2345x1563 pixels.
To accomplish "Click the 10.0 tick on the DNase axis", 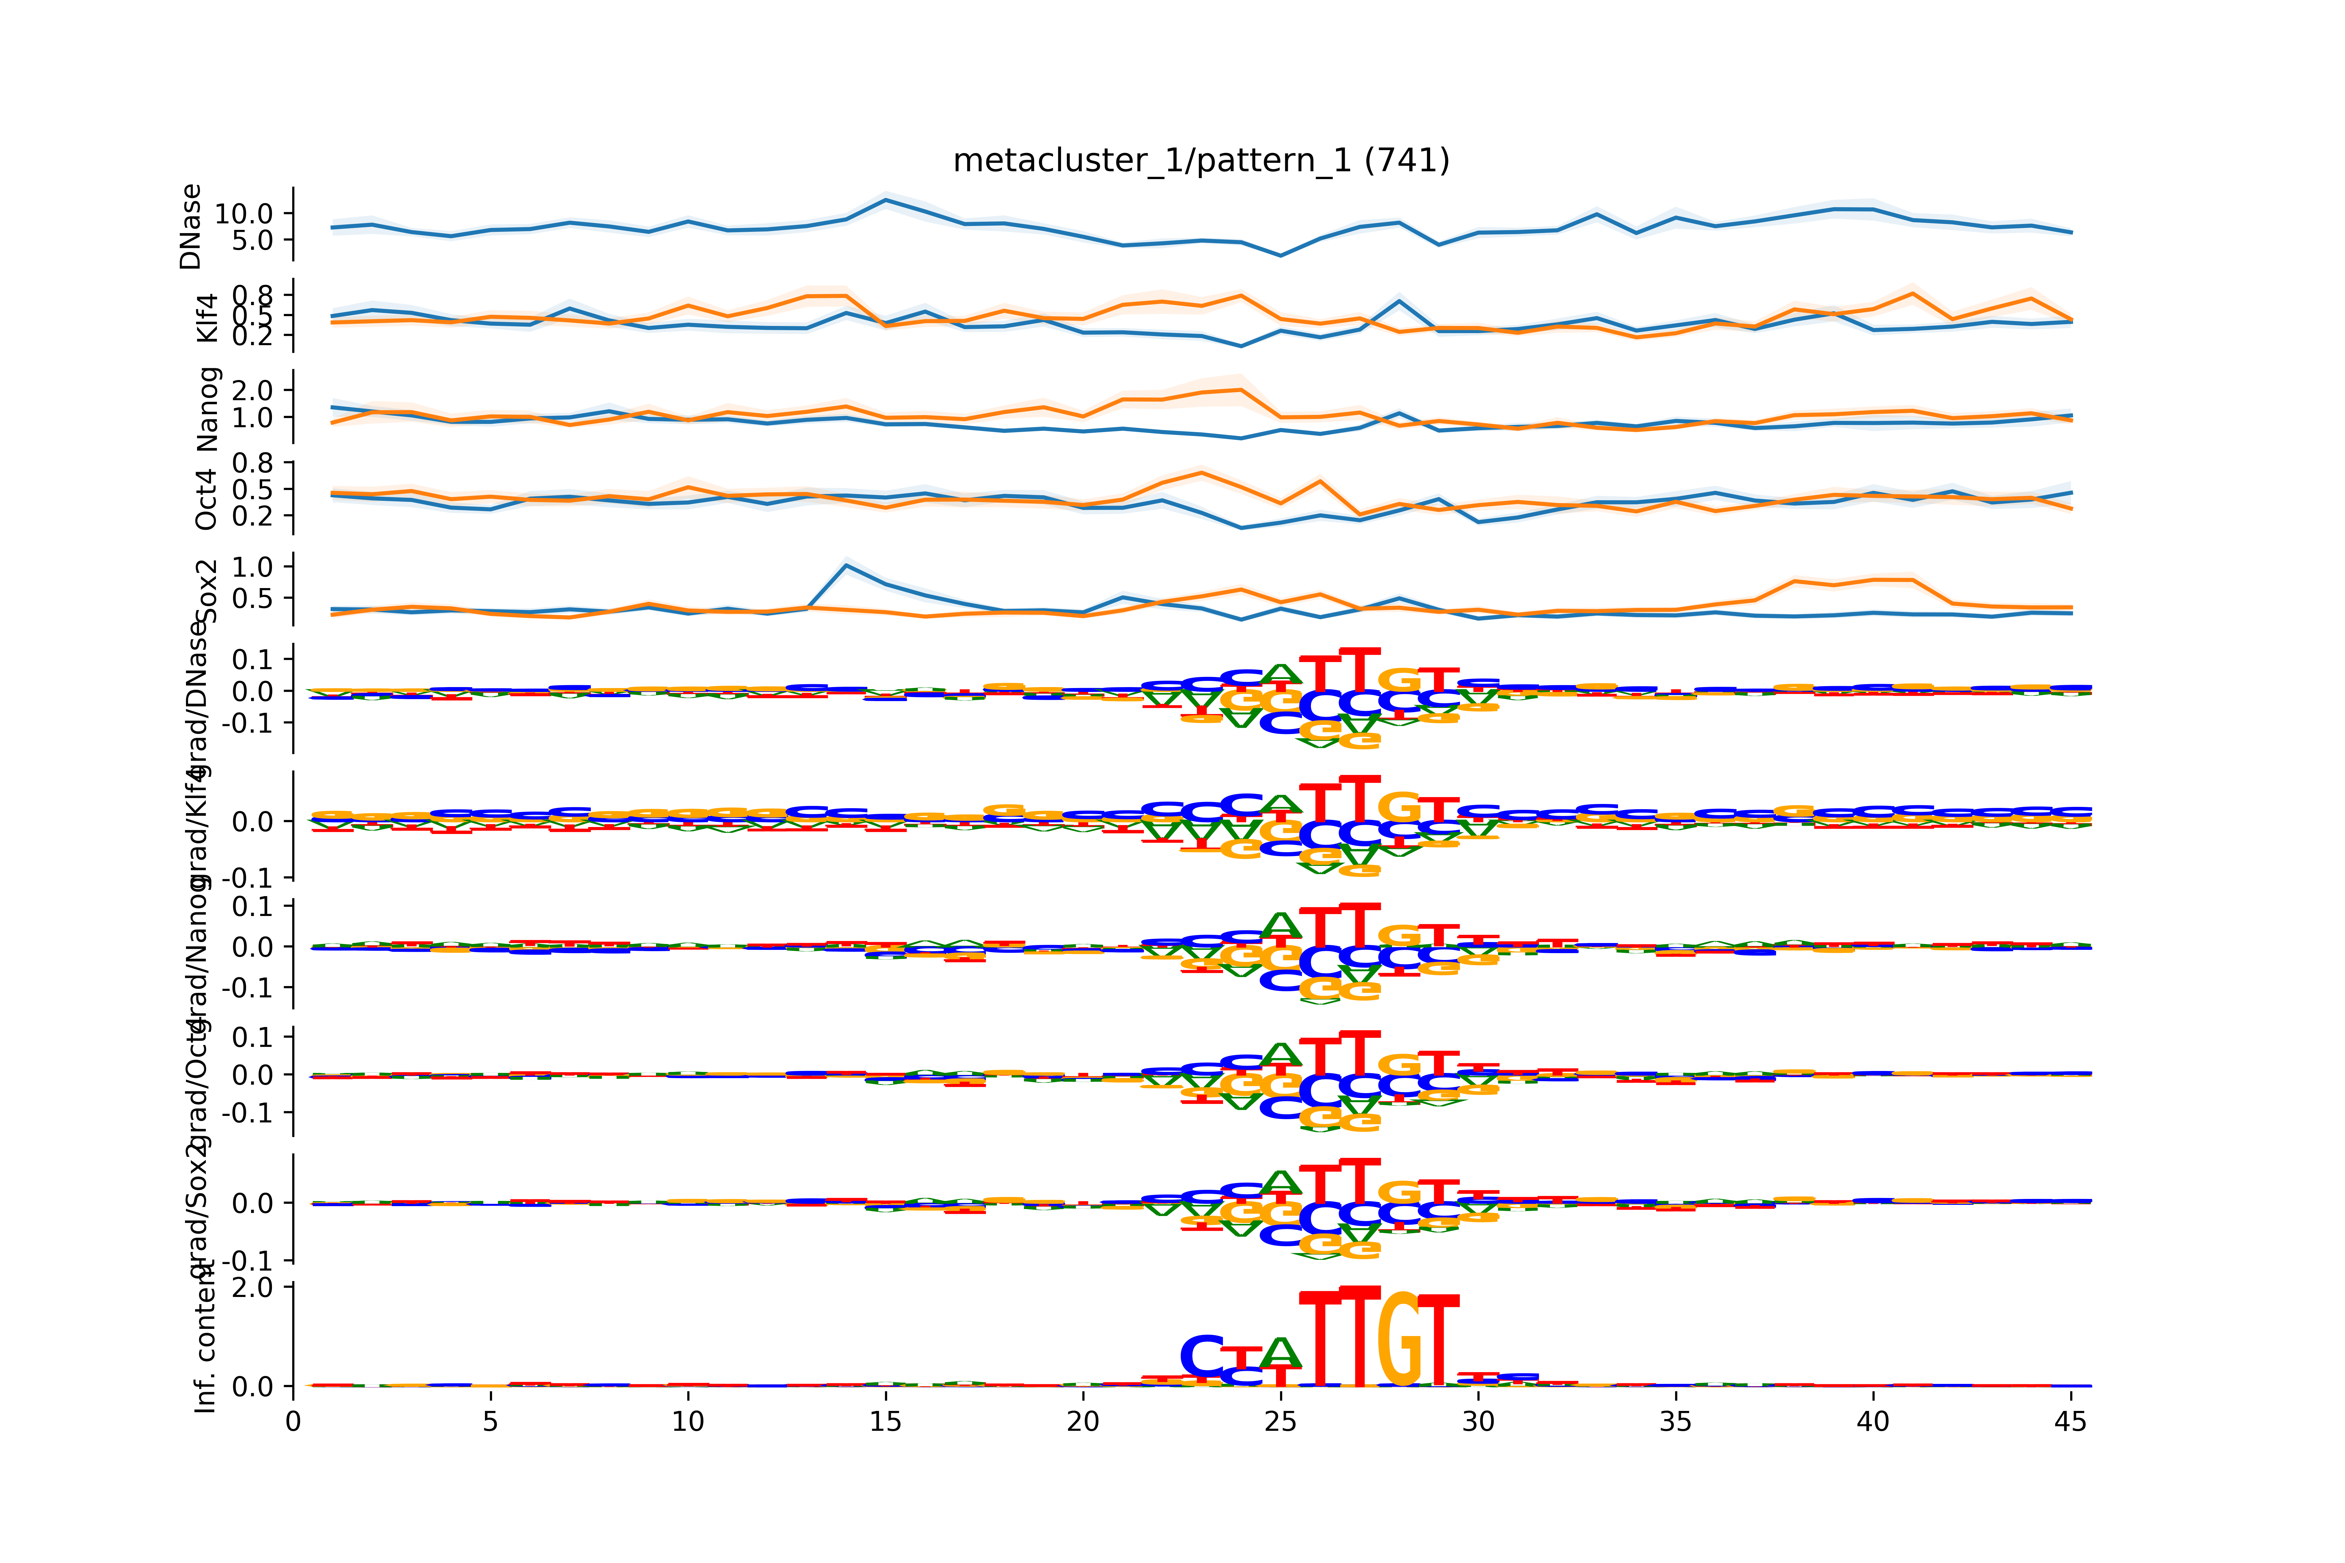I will pos(244,213).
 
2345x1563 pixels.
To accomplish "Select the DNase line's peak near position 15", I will pos(885,199).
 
